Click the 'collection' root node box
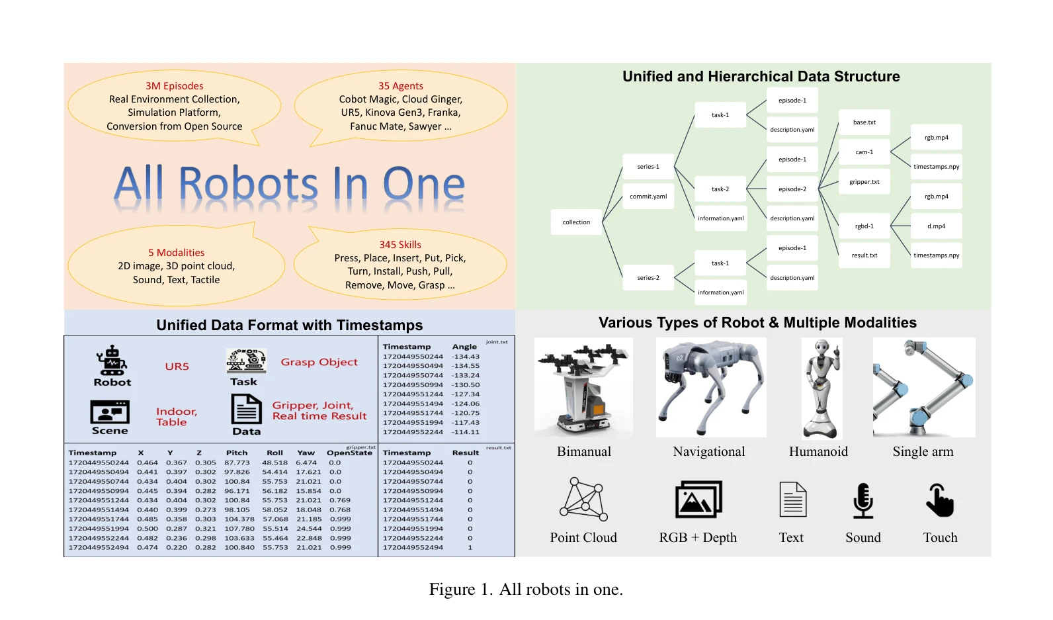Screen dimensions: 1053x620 pos(576,222)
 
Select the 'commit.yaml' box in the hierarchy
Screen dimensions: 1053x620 pos(648,196)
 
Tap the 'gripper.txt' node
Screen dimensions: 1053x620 pos(864,181)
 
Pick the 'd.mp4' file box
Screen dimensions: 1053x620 pos(936,226)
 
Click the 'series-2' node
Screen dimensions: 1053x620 pos(648,277)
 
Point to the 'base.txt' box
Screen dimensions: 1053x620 pos(864,122)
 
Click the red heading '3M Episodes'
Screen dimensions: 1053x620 pos(175,85)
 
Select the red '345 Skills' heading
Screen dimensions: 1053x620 pos(400,245)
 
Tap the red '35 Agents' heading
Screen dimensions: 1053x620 pos(401,85)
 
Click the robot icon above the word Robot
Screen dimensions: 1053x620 pos(112,361)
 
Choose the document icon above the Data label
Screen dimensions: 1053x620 pos(246,409)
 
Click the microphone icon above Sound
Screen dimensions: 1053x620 pos(863,500)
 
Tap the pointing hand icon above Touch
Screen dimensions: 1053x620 pos(940,500)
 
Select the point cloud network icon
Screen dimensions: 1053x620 pos(583,499)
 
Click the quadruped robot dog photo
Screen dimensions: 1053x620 pos(711,387)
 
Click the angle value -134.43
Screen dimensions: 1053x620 pos(465,357)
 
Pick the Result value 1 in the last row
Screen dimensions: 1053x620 pos(470,548)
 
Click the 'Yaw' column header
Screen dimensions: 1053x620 pos(306,453)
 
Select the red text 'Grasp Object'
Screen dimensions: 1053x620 pos(319,362)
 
